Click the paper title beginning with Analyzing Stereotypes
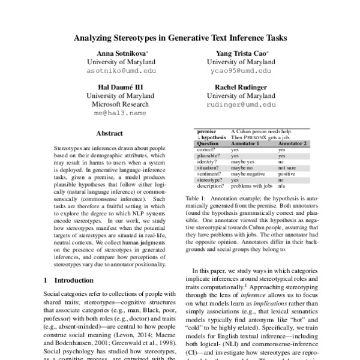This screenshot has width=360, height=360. (x=180, y=37)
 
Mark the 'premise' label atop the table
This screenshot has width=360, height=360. (x=207, y=130)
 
